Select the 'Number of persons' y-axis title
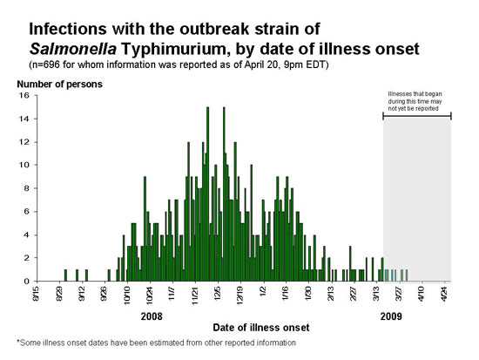click(57, 84)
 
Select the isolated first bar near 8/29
click(65, 275)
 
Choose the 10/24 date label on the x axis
click(146, 295)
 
